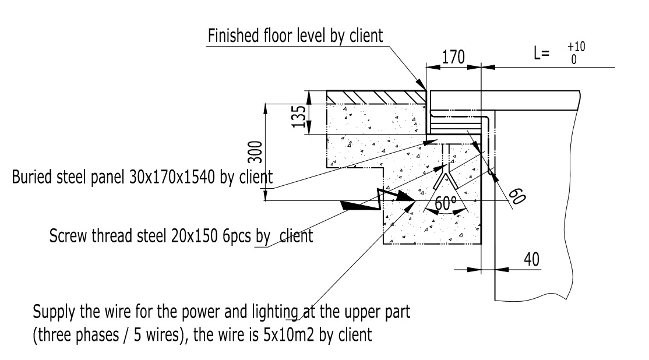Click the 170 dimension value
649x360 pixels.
click(x=453, y=57)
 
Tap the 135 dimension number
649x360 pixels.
click(x=299, y=117)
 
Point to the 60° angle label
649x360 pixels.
click(x=445, y=203)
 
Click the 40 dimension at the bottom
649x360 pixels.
click(x=531, y=259)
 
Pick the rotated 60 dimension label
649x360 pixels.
click(x=517, y=196)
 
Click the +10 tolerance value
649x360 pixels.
click(x=576, y=47)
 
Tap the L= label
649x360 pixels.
click(x=541, y=53)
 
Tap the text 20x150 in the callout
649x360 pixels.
click(x=194, y=236)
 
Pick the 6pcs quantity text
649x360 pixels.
click(x=237, y=237)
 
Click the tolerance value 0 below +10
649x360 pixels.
click(x=574, y=59)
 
